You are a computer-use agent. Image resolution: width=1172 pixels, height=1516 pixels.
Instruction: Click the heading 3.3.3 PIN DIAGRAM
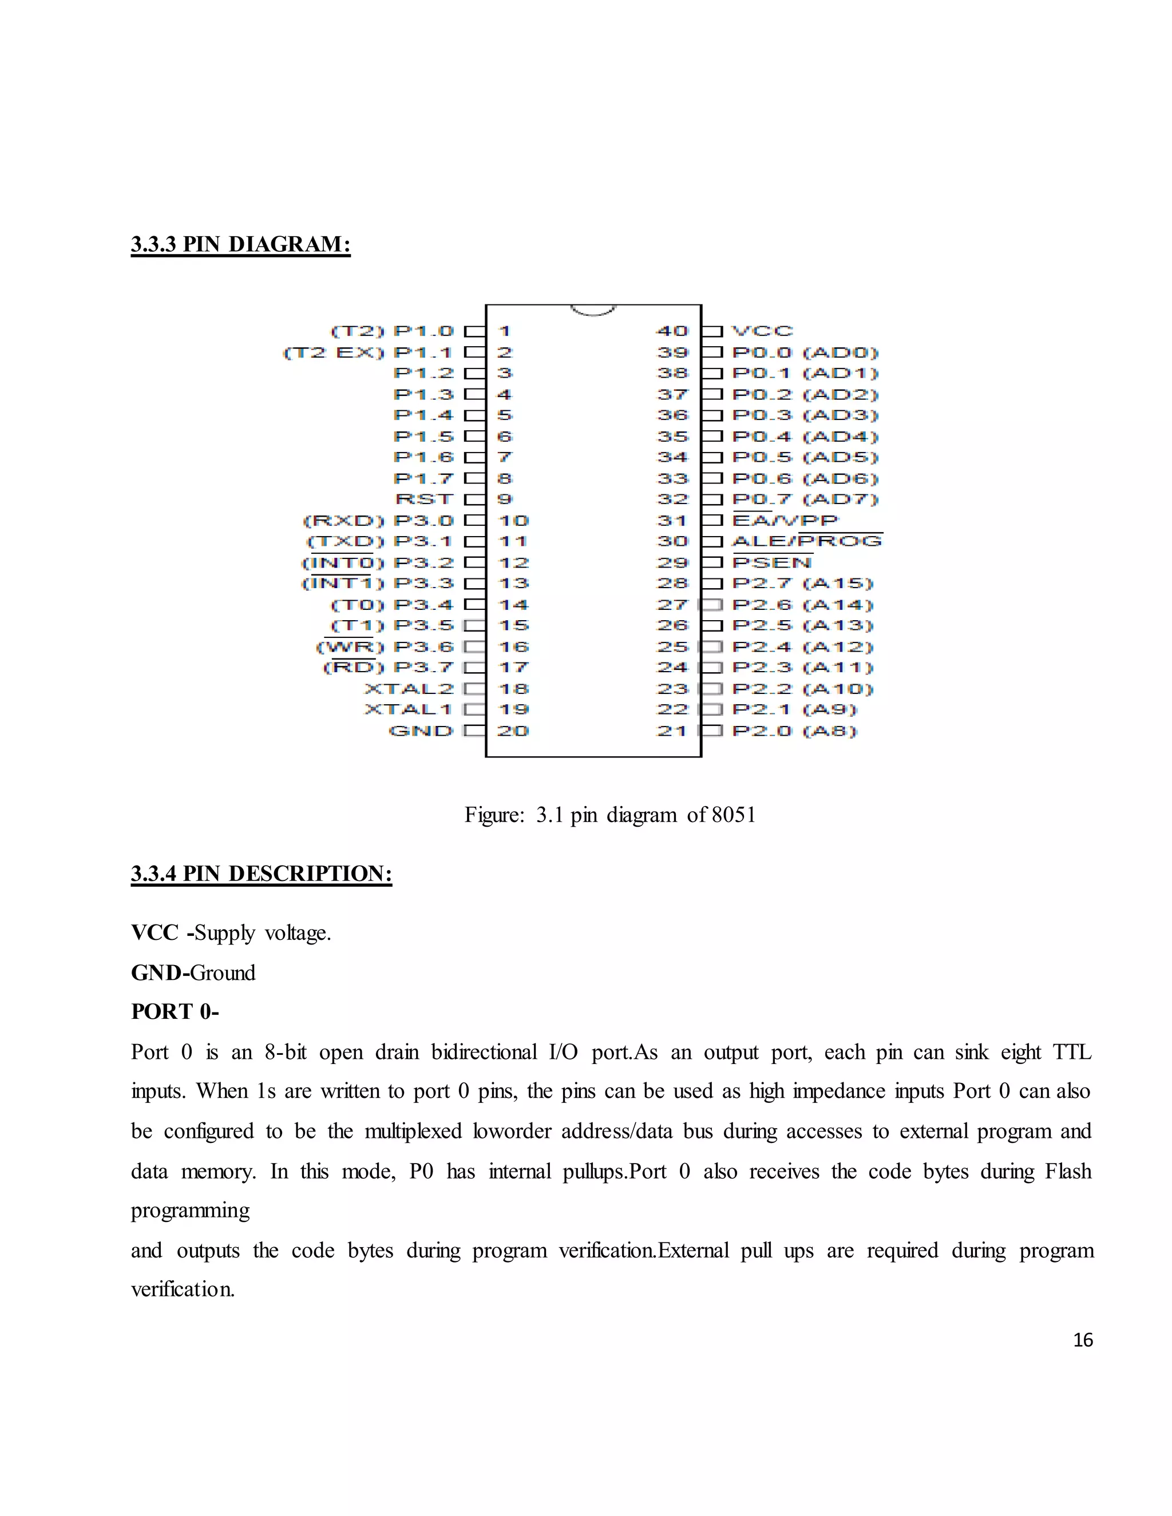pyautogui.click(x=240, y=244)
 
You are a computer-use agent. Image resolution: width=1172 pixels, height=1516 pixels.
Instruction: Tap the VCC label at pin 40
pyautogui.click(x=762, y=331)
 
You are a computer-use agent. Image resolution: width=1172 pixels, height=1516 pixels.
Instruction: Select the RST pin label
pyautogui.click(x=423, y=499)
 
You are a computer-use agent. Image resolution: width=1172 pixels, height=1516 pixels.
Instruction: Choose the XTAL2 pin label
pyautogui.click(x=408, y=689)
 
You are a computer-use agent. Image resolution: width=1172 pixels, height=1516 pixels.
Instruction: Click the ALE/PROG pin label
pyautogui.click(x=807, y=541)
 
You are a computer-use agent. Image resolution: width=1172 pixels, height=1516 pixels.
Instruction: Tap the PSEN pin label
pyautogui.click(x=771, y=562)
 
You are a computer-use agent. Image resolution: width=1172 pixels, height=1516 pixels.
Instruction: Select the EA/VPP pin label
pyautogui.click(x=785, y=521)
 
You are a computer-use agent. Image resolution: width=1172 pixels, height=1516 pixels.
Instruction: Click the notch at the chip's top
pyautogui.click(x=593, y=310)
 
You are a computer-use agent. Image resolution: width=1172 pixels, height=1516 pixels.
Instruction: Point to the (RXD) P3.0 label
pyautogui.click(x=378, y=521)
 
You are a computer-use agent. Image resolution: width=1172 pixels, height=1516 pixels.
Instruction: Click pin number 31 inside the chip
pyautogui.click(x=671, y=521)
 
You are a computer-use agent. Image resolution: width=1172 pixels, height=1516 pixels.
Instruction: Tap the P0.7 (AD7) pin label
pyautogui.click(x=805, y=499)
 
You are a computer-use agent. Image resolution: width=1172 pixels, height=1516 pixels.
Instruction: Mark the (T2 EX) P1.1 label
pyautogui.click(x=368, y=352)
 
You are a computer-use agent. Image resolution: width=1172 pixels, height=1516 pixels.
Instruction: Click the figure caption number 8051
pyautogui.click(x=733, y=814)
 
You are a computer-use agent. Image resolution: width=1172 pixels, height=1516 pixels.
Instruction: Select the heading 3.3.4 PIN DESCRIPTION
pyautogui.click(x=261, y=873)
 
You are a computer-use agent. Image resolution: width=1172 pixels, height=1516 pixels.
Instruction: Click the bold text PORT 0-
pyautogui.click(x=175, y=1011)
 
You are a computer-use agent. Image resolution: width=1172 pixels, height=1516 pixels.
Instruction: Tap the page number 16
pyautogui.click(x=1082, y=1340)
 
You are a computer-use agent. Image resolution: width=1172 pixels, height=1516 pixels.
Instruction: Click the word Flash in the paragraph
pyautogui.click(x=1068, y=1171)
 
